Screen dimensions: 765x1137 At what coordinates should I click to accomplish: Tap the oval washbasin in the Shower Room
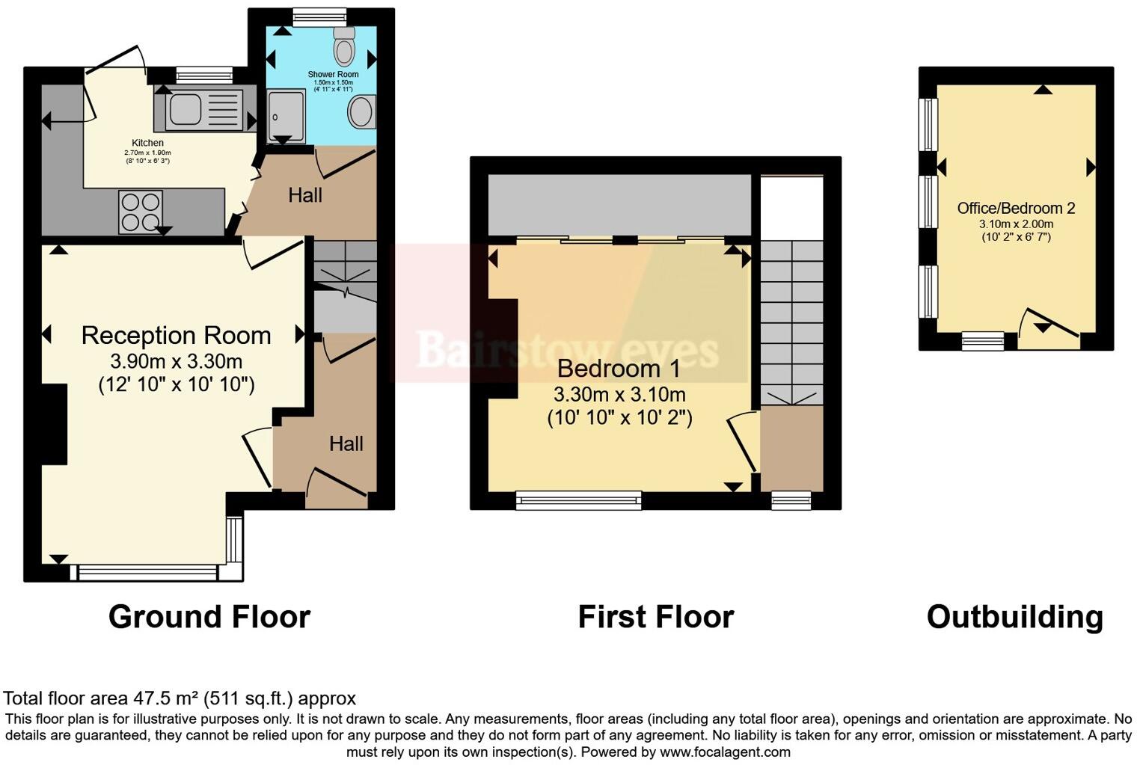tap(361, 112)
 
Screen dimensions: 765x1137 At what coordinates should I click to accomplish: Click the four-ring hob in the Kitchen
tap(141, 211)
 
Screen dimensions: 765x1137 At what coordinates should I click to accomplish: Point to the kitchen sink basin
tap(185, 110)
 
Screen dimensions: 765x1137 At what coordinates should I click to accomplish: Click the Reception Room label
tap(176, 336)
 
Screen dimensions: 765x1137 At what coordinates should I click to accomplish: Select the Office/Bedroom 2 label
tap(1016, 209)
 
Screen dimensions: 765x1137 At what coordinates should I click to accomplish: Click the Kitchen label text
tap(147, 143)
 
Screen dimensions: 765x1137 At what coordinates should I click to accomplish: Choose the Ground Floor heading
tap(209, 617)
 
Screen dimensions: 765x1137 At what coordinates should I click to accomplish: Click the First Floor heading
tap(655, 617)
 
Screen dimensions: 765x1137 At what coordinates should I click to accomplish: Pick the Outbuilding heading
tap(1014, 617)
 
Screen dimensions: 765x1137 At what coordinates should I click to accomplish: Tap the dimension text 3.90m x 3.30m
tap(176, 362)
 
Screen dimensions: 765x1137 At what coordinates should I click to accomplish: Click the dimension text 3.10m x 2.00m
tap(1016, 224)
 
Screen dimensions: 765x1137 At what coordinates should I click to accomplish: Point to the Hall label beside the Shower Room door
tap(305, 195)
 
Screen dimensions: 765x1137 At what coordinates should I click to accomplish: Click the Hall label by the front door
tap(346, 443)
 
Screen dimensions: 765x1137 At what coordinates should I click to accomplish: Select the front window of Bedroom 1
tap(578, 500)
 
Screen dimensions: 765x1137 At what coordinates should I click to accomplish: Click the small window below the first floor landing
tap(791, 500)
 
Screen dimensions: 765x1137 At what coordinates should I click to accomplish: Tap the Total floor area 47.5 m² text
tap(180, 698)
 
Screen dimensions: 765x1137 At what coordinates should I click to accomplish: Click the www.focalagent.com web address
tap(724, 752)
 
